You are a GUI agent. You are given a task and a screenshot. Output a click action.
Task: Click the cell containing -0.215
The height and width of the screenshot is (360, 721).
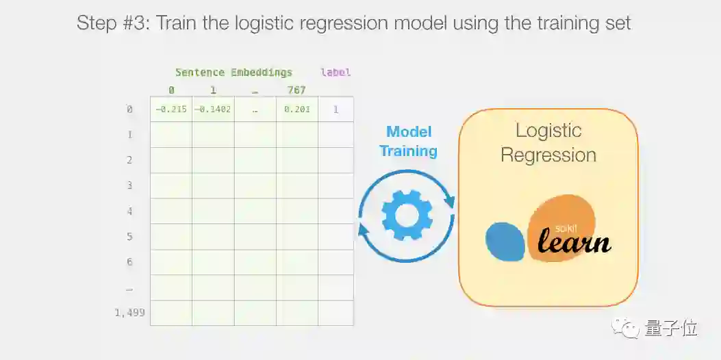click(171, 110)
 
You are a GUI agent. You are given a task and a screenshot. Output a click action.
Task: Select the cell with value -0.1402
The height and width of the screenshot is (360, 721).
click(213, 110)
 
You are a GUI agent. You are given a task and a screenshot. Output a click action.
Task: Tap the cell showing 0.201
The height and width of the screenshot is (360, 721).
click(297, 110)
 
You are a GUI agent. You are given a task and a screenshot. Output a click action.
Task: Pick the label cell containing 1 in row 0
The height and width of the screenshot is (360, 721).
click(336, 110)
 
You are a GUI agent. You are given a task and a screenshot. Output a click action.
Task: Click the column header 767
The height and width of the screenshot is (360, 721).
click(296, 90)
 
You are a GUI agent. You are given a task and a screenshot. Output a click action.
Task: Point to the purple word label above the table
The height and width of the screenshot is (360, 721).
click(336, 72)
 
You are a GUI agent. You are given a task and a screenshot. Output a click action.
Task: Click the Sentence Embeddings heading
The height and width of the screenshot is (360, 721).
click(233, 72)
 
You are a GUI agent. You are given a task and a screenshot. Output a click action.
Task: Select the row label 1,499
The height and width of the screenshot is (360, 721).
click(129, 313)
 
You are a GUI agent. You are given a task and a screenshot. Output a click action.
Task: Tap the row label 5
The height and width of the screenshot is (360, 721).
click(129, 237)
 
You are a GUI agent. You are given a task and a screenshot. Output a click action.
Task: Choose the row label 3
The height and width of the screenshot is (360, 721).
click(129, 185)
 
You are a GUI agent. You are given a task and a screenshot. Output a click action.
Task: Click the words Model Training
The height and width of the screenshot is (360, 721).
click(409, 142)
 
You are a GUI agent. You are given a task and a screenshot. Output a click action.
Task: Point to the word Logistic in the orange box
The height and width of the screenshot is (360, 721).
click(548, 131)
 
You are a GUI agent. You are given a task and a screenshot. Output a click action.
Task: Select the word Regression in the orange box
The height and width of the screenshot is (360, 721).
click(548, 155)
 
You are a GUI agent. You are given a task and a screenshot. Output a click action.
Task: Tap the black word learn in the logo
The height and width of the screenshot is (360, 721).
click(574, 242)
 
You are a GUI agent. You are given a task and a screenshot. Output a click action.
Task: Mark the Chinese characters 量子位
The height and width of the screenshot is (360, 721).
click(671, 329)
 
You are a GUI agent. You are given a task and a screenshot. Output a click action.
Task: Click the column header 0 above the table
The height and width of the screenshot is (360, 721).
click(171, 90)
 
